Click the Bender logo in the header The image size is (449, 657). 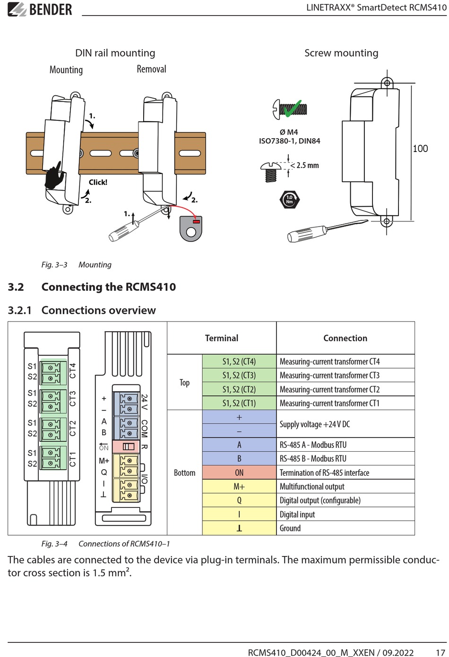pyautogui.click(x=40, y=9)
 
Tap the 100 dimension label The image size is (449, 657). pyautogui.click(x=420, y=148)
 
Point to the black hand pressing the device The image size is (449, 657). pyautogui.click(x=54, y=176)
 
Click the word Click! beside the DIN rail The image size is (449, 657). pyautogui.click(x=98, y=182)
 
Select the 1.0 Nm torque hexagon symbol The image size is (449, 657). pyautogui.click(x=290, y=200)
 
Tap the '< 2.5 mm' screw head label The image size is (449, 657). pyautogui.click(x=304, y=165)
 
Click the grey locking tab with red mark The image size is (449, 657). pyautogui.click(x=191, y=229)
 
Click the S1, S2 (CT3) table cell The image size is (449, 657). pyautogui.click(x=239, y=375)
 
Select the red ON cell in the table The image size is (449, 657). pyautogui.click(x=239, y=472)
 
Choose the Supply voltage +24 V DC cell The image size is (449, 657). pyautogui.click(x=345, y=424)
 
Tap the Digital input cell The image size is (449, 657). pyautogui.click(x=345, y=514)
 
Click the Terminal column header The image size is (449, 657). pyautogui.click(x=221, y=338)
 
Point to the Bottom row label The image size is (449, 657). pyautogui.click(x=184, y=472)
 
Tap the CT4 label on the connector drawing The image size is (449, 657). pyautogui.click(x=72, y=371)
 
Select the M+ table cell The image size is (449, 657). pyautogui.click(x=239, y=486)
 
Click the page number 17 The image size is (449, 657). pyautogui.click(x=440, y=652)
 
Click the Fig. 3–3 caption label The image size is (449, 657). pyautogui.click(x=54, y=265)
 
